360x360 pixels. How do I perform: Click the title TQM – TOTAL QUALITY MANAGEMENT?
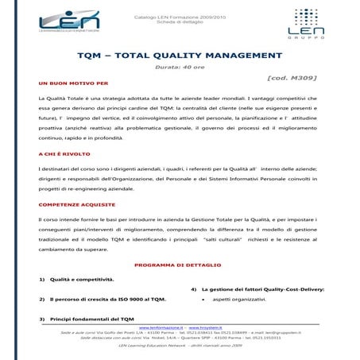tap(180, 58)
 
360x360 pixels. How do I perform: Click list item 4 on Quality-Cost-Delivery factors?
tap(263, 288)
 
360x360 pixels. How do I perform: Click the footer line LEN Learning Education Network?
tap(180, 347)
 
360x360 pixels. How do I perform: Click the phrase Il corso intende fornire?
tap(69, 218)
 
